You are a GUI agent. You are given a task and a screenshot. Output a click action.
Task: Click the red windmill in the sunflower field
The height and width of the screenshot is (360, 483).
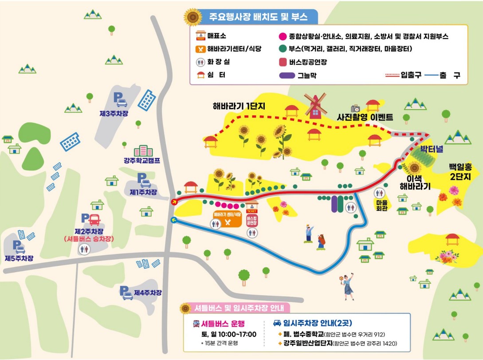tap(315, 105)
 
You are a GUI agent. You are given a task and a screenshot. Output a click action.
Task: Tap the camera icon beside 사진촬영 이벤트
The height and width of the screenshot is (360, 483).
tap(355, 108)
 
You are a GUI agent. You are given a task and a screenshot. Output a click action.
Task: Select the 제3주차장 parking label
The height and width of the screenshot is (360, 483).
tap(114, 113)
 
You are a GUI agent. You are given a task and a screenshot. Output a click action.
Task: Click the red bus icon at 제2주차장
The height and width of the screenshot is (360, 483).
tap(94, 219)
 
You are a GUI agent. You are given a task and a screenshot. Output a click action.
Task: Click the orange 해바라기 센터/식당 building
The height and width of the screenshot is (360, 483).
tap(227, 219)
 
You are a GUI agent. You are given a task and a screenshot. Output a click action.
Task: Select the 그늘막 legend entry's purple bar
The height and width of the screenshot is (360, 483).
tap(287, 75)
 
